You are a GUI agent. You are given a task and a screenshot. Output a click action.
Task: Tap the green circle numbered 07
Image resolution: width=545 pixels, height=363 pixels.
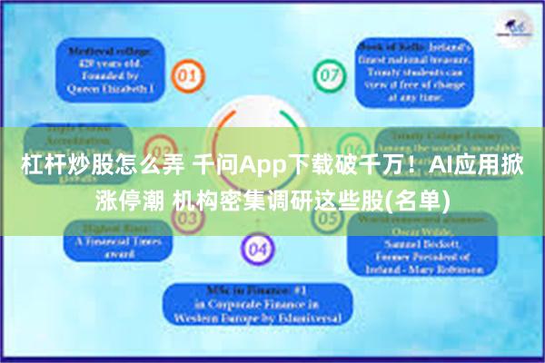coord(326,73)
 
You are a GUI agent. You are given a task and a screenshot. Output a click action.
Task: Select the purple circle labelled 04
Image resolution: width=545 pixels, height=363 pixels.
coord(258,248)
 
